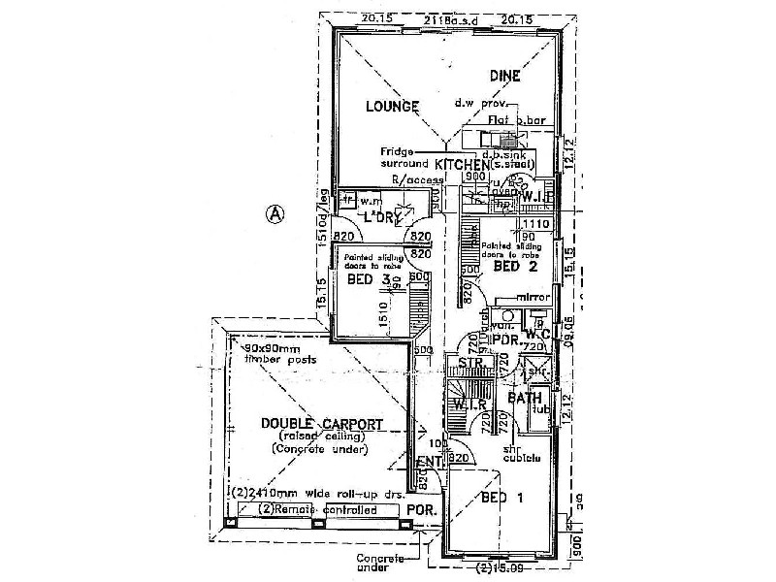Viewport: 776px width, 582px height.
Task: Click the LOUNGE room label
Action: tap(392, 106)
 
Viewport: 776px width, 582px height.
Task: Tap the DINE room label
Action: tap(504, 76)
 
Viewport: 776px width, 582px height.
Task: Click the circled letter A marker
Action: tap(276, 214)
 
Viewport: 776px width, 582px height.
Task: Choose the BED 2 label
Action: tap(515, 266)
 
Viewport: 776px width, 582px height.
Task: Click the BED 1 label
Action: tap(502, 498)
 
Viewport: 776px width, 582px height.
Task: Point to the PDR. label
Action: tap(504, 340)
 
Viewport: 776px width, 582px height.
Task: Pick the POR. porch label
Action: tap(420, 509)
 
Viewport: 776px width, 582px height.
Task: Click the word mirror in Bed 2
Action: tap(534, 297)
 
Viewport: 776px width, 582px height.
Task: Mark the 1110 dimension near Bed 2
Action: tap(539, 223)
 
